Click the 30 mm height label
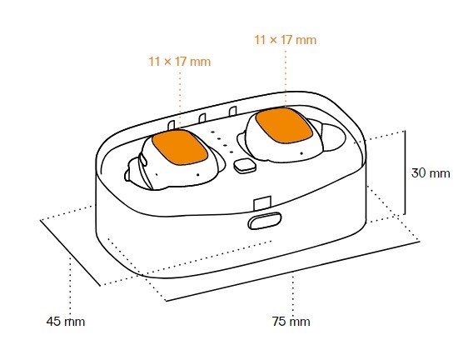click(x=431, y=173)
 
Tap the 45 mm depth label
click(x=66, y=322)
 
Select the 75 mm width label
click(x=291, y=322)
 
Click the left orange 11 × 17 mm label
click(x=180, y=62)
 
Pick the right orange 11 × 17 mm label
click(x=286, y=40)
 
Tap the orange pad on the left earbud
click(x=180, y=147)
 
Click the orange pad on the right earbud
click(x=284, y=126)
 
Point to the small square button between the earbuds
click(x=245, y=166)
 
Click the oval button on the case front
click(x=265, y=221)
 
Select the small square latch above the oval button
click(x=262, y=203)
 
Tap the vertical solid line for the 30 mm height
click(x=405, y=172)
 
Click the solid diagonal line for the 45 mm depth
click(x=70, y=252)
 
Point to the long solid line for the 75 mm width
click(x=292, y=271)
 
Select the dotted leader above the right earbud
click(x=286, y=78)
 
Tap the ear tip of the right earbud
click(x=334, y=137)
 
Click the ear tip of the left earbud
click(x=132, y=173)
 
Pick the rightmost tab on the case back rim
click(x=233, y=111)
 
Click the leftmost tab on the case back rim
click(x=172, y=126)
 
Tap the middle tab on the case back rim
click(x=202, y=118)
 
